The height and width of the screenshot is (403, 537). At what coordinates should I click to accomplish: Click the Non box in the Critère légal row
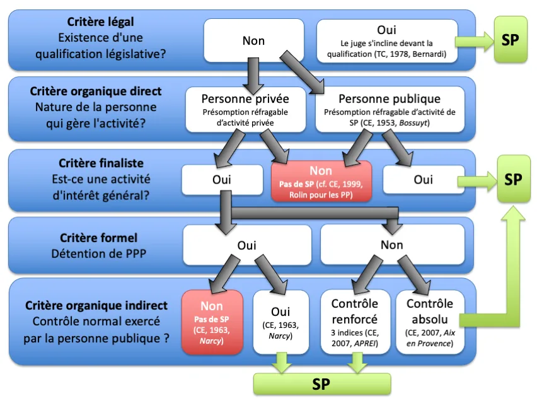253,41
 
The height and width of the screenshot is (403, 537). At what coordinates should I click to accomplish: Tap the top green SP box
510,39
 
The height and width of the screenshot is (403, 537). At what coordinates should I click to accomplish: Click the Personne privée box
245,109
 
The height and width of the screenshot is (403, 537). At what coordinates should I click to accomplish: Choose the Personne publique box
390,109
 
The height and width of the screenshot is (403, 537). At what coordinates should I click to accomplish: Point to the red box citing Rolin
321,181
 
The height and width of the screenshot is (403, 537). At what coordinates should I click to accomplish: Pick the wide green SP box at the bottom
321,384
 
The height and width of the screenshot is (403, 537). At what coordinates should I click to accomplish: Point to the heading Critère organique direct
96,91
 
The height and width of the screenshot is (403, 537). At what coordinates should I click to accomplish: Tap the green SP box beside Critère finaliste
513,180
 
